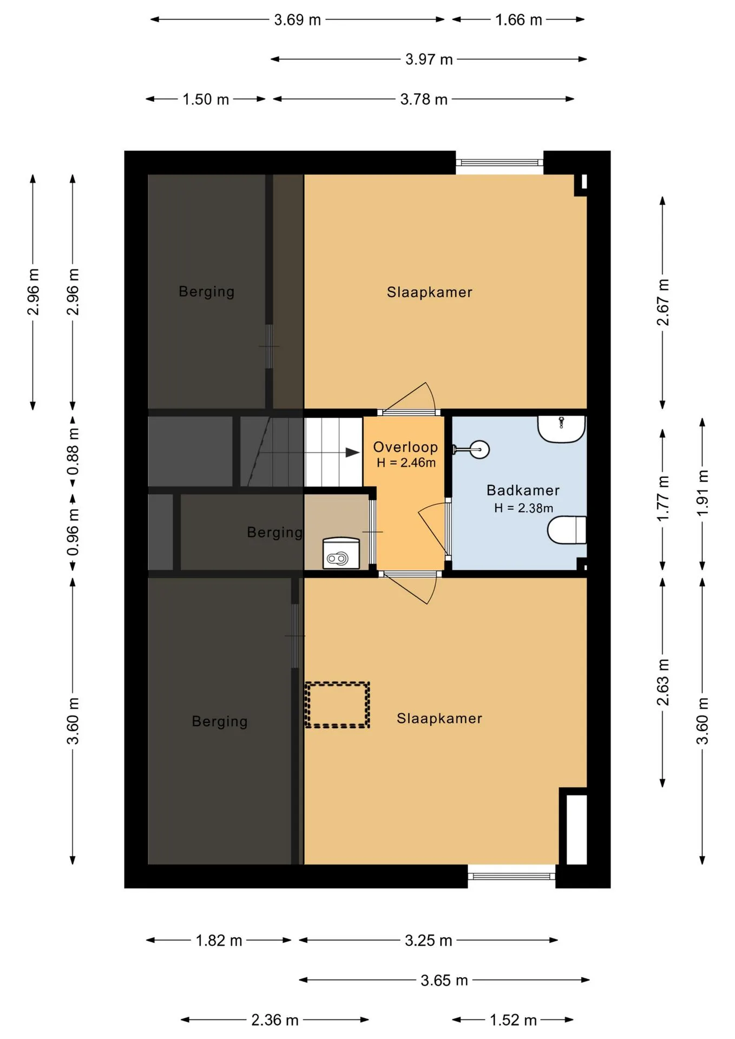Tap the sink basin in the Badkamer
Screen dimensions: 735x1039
[561, 429]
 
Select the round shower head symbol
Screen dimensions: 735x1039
[480, 449]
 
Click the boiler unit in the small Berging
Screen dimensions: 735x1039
[341, 553]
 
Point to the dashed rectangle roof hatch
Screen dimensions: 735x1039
[337, 705]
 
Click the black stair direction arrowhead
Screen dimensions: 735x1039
[352, 452]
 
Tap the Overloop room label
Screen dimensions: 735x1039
[405, 447]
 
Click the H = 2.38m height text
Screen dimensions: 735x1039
[523, 508]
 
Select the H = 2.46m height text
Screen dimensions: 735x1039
[406, 463]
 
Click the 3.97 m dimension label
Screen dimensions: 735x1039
[429, 59]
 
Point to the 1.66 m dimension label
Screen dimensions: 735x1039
[519, 20]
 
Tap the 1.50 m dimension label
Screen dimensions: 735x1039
[206, 100]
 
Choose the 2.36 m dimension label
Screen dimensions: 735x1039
[275, 1020]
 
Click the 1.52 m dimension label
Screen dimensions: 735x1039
[513, 1020]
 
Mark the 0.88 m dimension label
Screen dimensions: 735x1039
[73, 452]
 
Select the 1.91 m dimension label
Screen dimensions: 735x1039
[702, 493]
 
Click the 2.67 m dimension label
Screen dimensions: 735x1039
[662, 303]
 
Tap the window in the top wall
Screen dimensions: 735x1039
[500, 162]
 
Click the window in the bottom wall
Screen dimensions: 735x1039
[511, 877]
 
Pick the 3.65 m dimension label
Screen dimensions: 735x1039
[444, 980]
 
